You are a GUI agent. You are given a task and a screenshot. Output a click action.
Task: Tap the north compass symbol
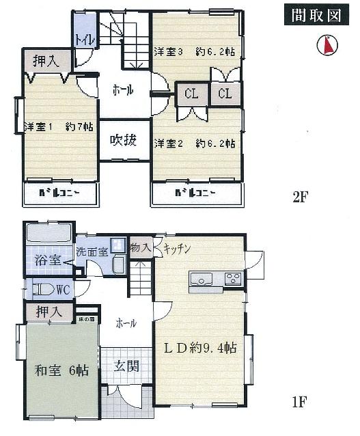point(327,45)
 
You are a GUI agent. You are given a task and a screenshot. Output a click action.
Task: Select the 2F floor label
point(301,197)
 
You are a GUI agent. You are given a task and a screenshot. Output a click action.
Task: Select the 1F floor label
point(299,402)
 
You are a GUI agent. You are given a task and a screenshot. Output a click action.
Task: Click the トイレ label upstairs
point(85,39)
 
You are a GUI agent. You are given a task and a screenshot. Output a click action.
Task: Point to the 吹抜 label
point(124,141)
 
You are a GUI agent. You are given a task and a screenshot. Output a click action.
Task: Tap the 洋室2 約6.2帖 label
point(194,144)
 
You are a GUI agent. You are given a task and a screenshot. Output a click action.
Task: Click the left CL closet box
point(191,94)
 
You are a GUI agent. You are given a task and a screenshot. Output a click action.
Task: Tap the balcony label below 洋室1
point(61,193)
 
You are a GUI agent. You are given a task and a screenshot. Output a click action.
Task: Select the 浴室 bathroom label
point(46,261)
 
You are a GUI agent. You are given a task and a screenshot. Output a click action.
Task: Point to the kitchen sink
point(202,278)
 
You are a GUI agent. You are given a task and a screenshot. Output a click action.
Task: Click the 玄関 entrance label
point(126,366)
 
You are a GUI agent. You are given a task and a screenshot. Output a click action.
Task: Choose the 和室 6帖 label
point(61,371)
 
